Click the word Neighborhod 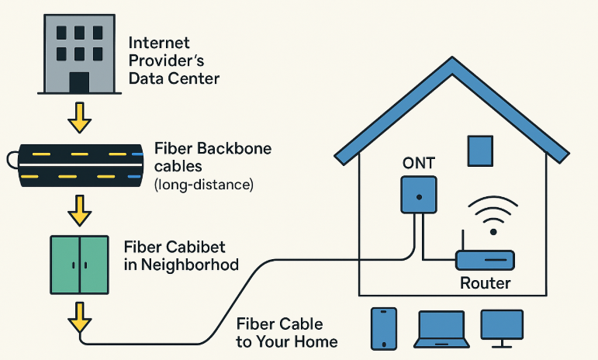pos(189,265)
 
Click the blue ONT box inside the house pos(419,195)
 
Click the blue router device pos(485,260)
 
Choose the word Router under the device pos(486,283)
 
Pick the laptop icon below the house pos(440,328)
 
